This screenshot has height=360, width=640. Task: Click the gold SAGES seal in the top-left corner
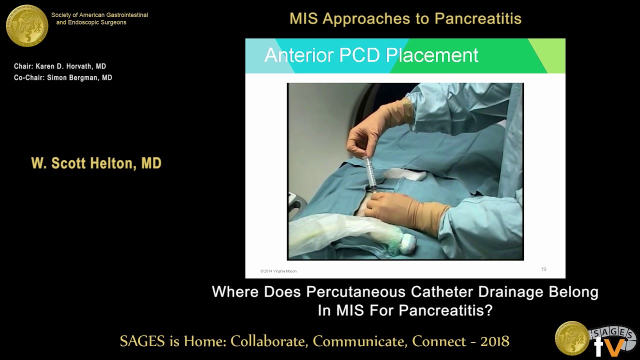point(27,25)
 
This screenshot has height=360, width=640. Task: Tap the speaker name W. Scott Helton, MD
point(96,163)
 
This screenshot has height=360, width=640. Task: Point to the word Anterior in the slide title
point(299,55)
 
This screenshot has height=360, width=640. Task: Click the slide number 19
point(543,269)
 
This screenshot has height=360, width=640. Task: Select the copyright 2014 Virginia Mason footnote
point(278,271)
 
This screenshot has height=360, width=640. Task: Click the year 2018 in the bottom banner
point(494,341)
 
